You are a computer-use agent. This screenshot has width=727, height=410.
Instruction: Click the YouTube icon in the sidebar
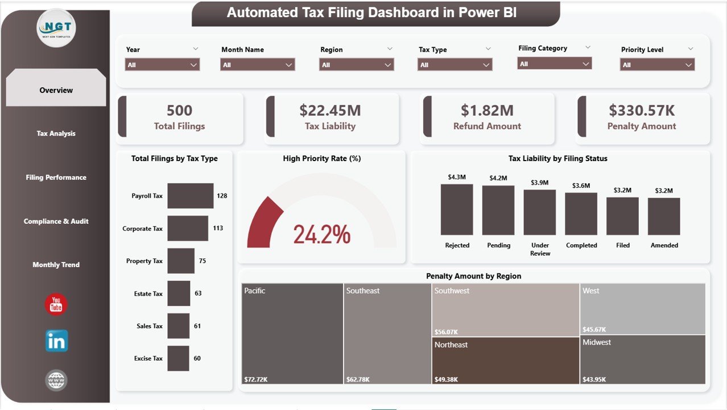[x=56, y=305]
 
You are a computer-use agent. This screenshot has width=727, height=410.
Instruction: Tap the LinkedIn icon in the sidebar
[x=56, y=341]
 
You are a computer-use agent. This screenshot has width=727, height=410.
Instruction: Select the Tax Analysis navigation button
[x=56, y=133]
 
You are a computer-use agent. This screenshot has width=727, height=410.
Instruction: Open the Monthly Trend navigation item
[x=56, y=265]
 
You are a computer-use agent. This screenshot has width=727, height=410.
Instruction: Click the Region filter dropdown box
[x=357, y=65]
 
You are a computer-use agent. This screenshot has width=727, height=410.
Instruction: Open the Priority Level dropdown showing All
[x=657, y=65]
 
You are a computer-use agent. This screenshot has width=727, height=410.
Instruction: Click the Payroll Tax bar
[x=190, y=196]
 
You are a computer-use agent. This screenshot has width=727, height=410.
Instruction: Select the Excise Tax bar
[x=178, y=359]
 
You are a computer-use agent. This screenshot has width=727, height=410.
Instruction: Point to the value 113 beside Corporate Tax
[x=217, y=228]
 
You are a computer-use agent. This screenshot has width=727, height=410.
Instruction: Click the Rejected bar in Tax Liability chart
[x=457, y=210]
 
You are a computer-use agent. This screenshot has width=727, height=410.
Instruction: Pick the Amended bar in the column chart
[x=664, y=216]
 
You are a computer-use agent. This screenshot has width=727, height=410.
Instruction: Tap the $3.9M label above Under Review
[x=539, y=183]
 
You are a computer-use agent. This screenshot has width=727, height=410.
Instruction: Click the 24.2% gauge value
[x=321, y=234]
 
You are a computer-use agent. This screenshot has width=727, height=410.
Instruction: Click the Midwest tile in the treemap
[x=642, y=359]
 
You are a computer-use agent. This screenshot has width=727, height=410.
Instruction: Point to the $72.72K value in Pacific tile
[x=255, y=379]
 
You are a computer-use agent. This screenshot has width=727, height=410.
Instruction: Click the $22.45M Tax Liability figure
[x=330, y=110]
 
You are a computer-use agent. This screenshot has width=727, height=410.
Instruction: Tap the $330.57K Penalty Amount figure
[x=641, y=110]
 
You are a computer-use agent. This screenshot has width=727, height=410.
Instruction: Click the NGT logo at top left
[x=56, y=28]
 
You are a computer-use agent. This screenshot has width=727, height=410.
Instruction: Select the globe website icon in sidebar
[x=56, y=380]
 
